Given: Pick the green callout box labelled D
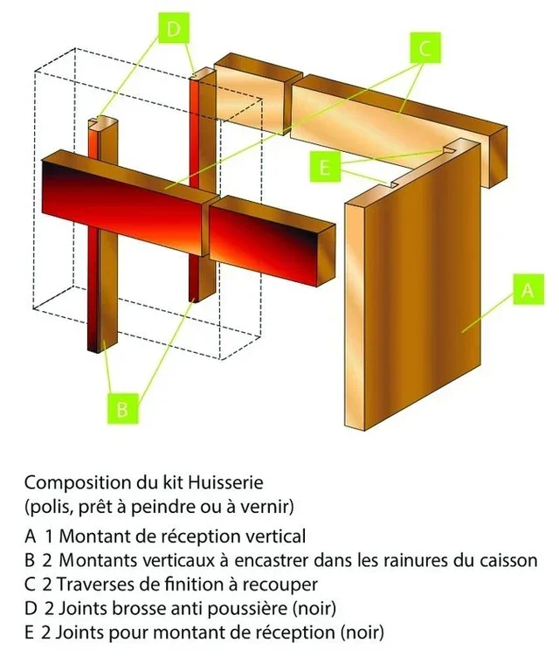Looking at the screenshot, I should pos(174,30).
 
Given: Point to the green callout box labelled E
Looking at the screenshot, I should pos(324,168).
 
